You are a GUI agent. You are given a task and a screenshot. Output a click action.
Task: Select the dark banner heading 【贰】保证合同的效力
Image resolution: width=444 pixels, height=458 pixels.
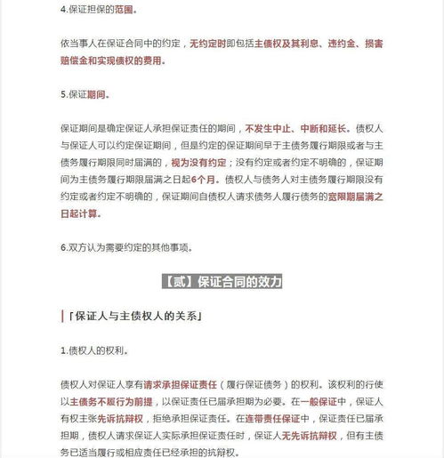coord(222,282)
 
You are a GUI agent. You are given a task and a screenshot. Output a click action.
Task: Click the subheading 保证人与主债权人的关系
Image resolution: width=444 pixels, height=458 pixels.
coord(134,316)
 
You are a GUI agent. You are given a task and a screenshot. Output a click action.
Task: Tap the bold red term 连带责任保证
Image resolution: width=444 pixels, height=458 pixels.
coord(267,417)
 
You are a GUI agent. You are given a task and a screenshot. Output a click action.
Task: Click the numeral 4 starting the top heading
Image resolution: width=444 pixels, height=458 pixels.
coord(62,9)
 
